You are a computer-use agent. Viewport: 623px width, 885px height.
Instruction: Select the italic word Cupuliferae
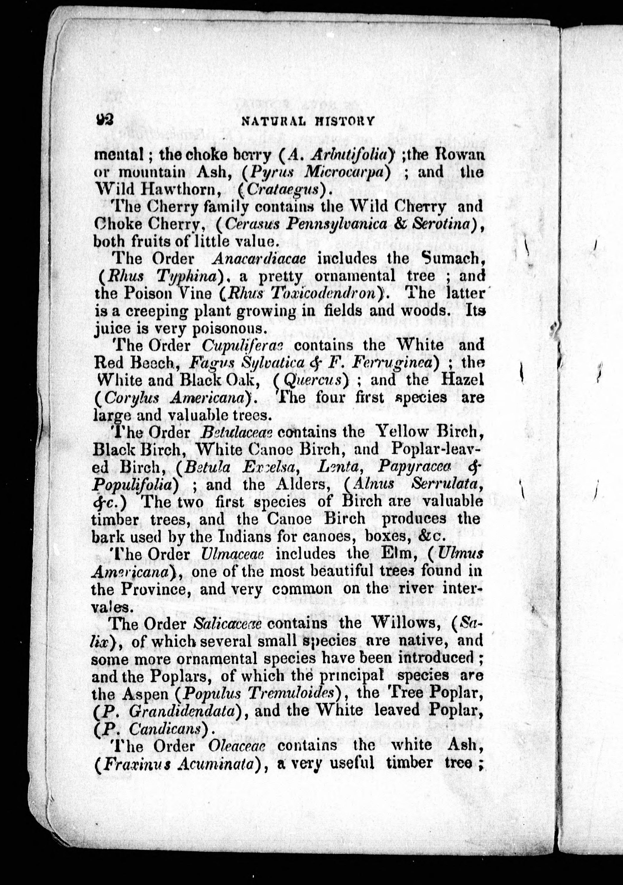pyautogui.click(x=242, y=346)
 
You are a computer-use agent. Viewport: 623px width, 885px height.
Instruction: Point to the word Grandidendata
pyautogui.click(x=182, y=711)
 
